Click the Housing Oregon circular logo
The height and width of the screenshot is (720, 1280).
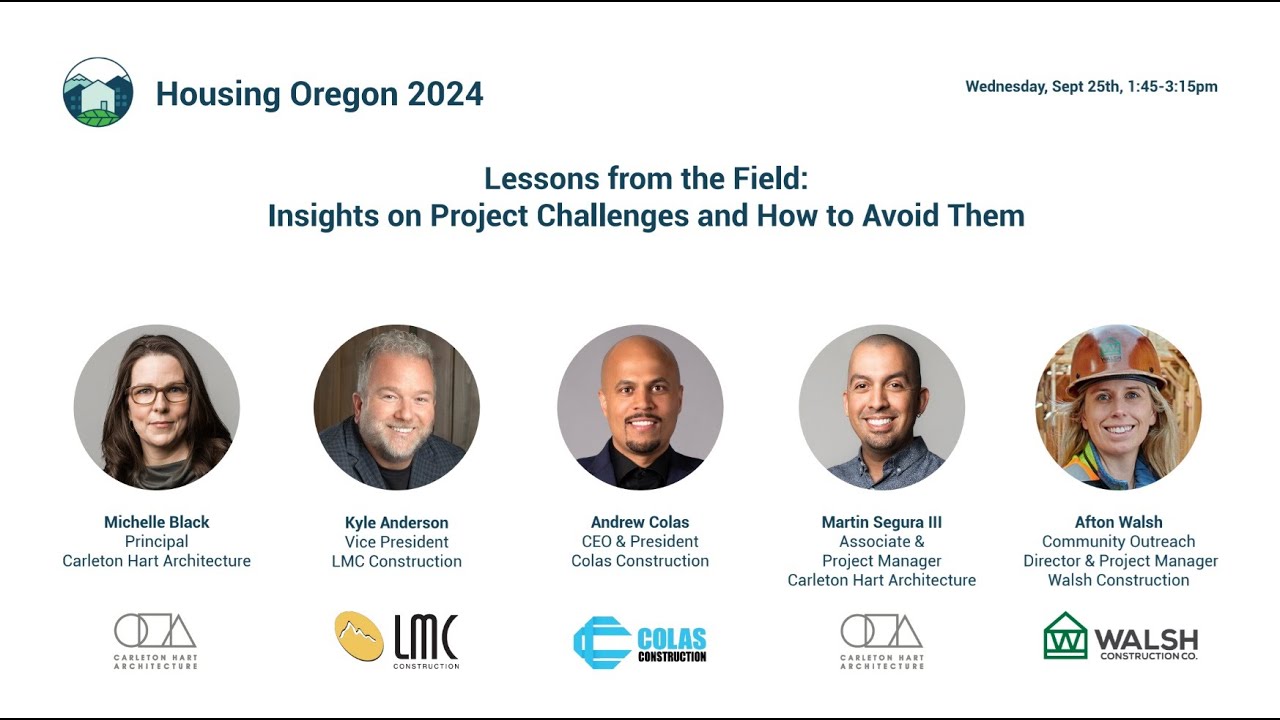pos(98,92)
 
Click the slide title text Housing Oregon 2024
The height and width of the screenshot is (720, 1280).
pos(319,94)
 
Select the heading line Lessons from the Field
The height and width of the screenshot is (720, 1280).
pos(645,179)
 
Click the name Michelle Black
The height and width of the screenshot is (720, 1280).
pos(157,522)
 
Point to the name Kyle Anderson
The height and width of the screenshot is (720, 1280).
pos(396,523)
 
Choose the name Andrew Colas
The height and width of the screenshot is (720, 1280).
pos(640,522)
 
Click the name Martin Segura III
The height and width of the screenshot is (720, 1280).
pos(881,522)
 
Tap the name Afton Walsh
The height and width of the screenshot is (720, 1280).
pos(1118,522)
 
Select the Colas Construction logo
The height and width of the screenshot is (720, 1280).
pos(640,642)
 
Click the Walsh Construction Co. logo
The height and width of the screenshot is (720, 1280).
pos(1120,637)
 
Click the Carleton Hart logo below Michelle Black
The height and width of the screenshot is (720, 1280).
pos(156,641)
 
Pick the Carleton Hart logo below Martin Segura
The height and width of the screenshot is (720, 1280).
pos(882,641)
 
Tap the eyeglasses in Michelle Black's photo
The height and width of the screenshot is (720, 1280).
pos(158,394)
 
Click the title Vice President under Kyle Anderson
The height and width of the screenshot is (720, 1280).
pos(396,542)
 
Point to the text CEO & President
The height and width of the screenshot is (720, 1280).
pos(640,541)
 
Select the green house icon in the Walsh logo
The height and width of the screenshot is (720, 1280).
pos(1065,636)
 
